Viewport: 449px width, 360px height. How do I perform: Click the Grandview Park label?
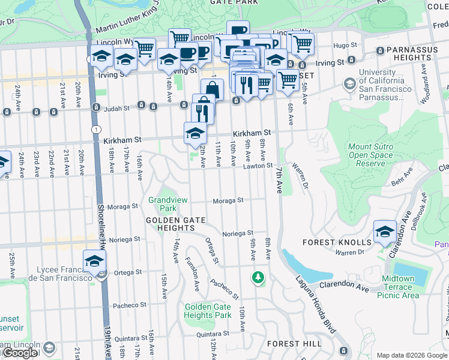[x=163, y=204]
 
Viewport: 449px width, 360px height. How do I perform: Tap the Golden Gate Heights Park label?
[x=208, y=311]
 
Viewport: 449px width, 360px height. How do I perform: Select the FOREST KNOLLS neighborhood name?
[x=337, y=242]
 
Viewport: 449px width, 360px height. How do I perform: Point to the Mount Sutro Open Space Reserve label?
[x=370, y=155]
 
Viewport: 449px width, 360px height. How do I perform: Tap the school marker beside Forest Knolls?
[x=385, y=232]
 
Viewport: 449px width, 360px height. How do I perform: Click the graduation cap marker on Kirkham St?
[x=195, y=134]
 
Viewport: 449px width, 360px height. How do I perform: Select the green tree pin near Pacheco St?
[x=258, y=277]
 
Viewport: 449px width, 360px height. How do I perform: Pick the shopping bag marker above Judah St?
[x=212, y=89]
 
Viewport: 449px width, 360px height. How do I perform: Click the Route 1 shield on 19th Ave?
[x=95, y=129]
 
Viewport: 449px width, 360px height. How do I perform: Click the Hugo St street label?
[x=345, y=45]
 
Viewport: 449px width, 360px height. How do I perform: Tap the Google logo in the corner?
[x=19, y=352]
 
